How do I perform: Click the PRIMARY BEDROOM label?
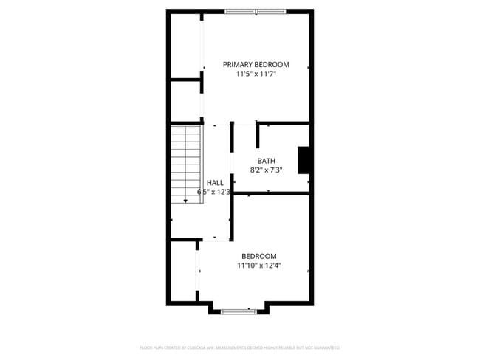[256, 65]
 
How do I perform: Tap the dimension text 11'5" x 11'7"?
[256, 75]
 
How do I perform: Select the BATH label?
[266, 161]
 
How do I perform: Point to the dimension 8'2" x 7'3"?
[266, 170]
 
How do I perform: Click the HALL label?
[215, 183]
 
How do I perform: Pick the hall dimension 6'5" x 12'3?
[214, 192]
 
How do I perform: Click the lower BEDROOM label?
[259, 256]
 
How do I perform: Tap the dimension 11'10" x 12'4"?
[259, 266]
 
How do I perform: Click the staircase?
[186, 164]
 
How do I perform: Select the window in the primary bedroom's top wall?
[255, 11]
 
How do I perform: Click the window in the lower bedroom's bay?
[239, 311]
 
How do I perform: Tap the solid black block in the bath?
[303, 160]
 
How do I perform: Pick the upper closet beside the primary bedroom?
[186, 44]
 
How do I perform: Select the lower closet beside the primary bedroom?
[186, 100]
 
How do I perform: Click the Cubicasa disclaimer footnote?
[239, 347]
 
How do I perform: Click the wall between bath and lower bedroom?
[271, 194]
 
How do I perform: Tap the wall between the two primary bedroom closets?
[186, 79]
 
